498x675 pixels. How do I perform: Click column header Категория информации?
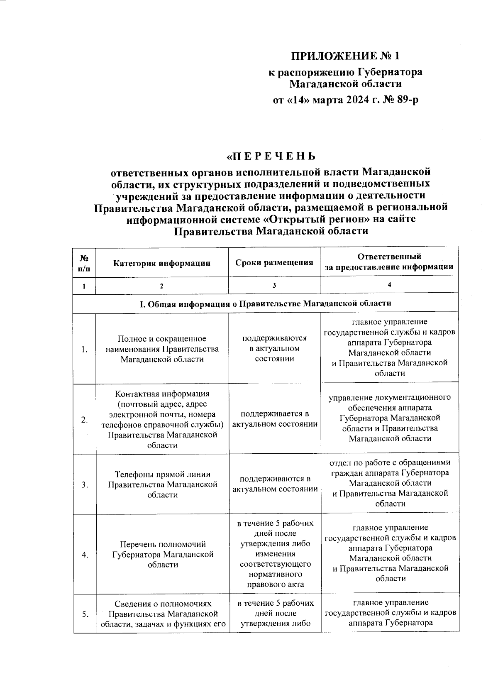pos(162,263)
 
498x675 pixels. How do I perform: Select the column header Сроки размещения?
pos(274,262)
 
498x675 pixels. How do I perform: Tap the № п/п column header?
pos(84,263)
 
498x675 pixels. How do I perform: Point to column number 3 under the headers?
pos(274,285)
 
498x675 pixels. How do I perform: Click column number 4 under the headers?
pos(389,285)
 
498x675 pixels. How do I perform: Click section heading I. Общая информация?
pos(265,303)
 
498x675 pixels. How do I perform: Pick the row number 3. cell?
pos(85,484)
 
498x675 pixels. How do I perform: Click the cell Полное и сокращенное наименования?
pos(162,349)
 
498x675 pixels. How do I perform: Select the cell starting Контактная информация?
pos(162,419)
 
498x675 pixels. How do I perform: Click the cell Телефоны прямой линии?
pos(162,484)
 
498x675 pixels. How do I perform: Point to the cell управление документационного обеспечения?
pos(389,418)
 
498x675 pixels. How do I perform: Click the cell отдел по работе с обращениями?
pos(389,483)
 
